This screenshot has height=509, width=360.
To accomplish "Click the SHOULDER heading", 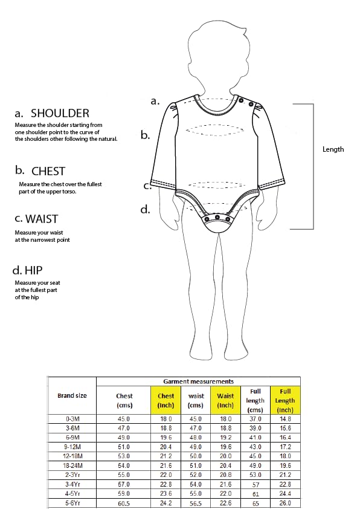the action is pyautogui.click(x=60, y=113).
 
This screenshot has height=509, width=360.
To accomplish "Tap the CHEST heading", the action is pyautogui.click(x=48, y=171).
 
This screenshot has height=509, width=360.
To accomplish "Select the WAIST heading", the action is pyautogui.click(x=42, y=219).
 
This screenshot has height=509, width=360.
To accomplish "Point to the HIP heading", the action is pyautogui.click(x=33, y=270).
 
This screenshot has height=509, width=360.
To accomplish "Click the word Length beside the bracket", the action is pyautogui.click(x=333, y=149).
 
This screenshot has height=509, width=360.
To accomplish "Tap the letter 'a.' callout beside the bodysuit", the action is pyautogui.click(x=155, y=102).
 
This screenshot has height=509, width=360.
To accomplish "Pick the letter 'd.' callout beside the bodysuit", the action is pyautogui.click(x=146, y=209).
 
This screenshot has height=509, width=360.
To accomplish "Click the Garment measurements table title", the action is pyautogui.click(x=198, y=381).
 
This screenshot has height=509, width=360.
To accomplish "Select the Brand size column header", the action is pyautogui.click(x=72, y=395).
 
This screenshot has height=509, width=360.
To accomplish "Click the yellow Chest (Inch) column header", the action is pyautogui.click(x=166, y=400).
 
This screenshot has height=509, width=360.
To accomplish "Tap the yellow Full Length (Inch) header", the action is pyautogui.click(x=285, y=401).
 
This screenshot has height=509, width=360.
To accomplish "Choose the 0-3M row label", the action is pyautogui.click(x=72, y=419).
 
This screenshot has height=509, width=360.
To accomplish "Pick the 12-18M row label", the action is pyautogui.click(x=72, y=456).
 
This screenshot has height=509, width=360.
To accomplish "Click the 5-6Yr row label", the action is pyautogui.click(x=72, y=503).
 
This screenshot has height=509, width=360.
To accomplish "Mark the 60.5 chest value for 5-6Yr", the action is pyautogui.click(x=124, y=503).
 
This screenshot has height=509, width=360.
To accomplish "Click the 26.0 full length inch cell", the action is pyautogui.click(x=285, y=503).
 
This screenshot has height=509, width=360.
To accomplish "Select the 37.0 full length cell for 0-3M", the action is pyautogui.click(x=256, y=419).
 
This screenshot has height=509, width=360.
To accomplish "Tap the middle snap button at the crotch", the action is pyautogui.click(x=218, y=217).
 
